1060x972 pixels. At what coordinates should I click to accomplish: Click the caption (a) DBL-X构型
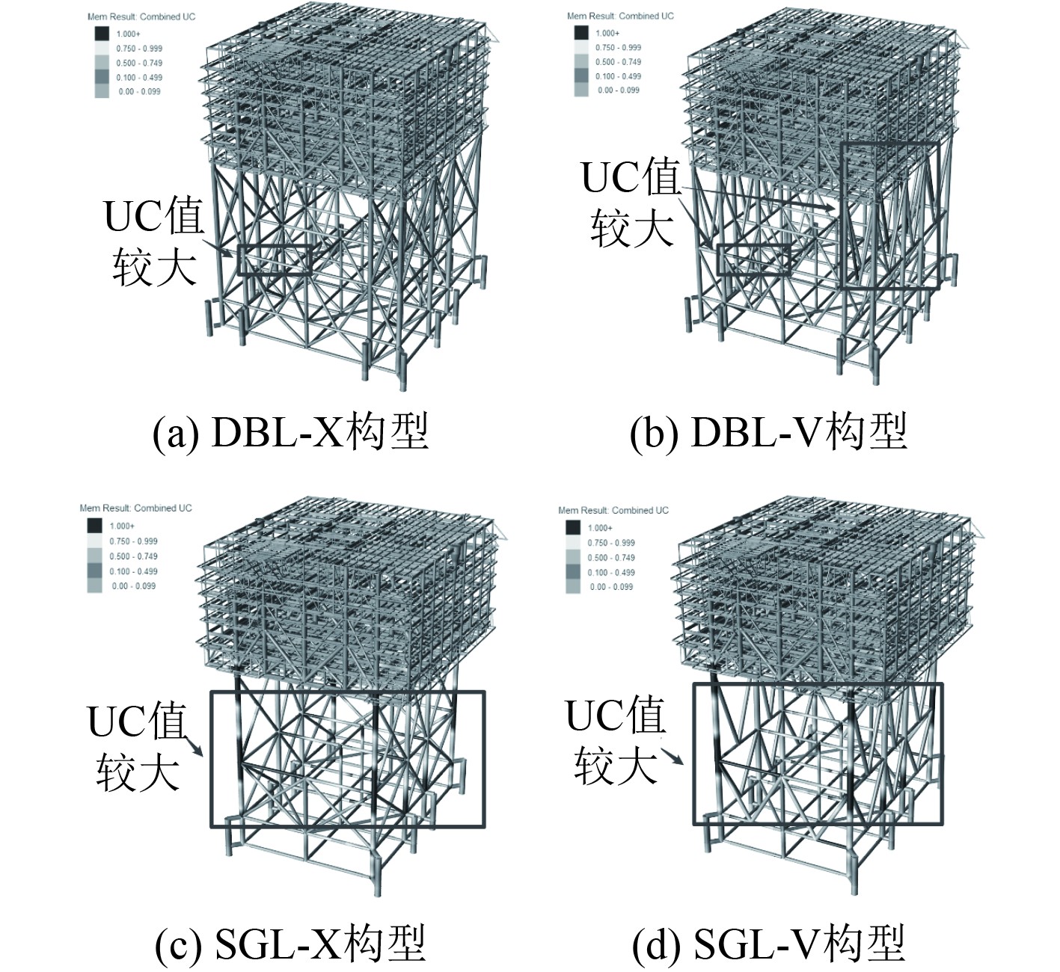coord(290,433)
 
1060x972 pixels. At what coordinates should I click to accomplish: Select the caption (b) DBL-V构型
coord(768,433)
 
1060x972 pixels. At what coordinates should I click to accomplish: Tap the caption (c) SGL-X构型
coord(290,944)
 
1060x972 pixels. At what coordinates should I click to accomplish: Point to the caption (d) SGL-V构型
coord(768,944)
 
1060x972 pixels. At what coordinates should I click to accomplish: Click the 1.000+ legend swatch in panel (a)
coord(102,34)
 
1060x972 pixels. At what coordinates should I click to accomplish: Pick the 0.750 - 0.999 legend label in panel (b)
coord(618,47)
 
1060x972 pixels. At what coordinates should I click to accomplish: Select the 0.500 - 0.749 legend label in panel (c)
coord(134,556)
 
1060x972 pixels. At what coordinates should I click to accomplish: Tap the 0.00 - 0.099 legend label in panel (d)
coord(611,587)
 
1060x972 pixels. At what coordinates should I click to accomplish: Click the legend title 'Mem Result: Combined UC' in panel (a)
coord(141,16)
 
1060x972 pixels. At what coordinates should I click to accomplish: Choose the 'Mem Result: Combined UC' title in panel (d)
coord(613,510)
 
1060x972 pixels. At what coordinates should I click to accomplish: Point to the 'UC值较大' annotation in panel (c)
coord(137,747)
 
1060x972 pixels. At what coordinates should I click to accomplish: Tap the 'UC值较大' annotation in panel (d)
coord(615,740)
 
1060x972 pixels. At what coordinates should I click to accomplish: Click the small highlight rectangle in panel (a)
coord(275,260)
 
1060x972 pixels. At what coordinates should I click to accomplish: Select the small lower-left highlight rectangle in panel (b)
coord(753,259)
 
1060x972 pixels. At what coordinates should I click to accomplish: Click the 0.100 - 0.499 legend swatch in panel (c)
coord(95,571)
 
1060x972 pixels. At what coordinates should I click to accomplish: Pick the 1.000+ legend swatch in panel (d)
coord(573,528)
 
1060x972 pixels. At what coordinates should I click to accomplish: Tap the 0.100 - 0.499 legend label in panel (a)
coord(139,77)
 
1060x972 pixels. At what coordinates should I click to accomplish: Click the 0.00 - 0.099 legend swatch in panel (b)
coord(581,90)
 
